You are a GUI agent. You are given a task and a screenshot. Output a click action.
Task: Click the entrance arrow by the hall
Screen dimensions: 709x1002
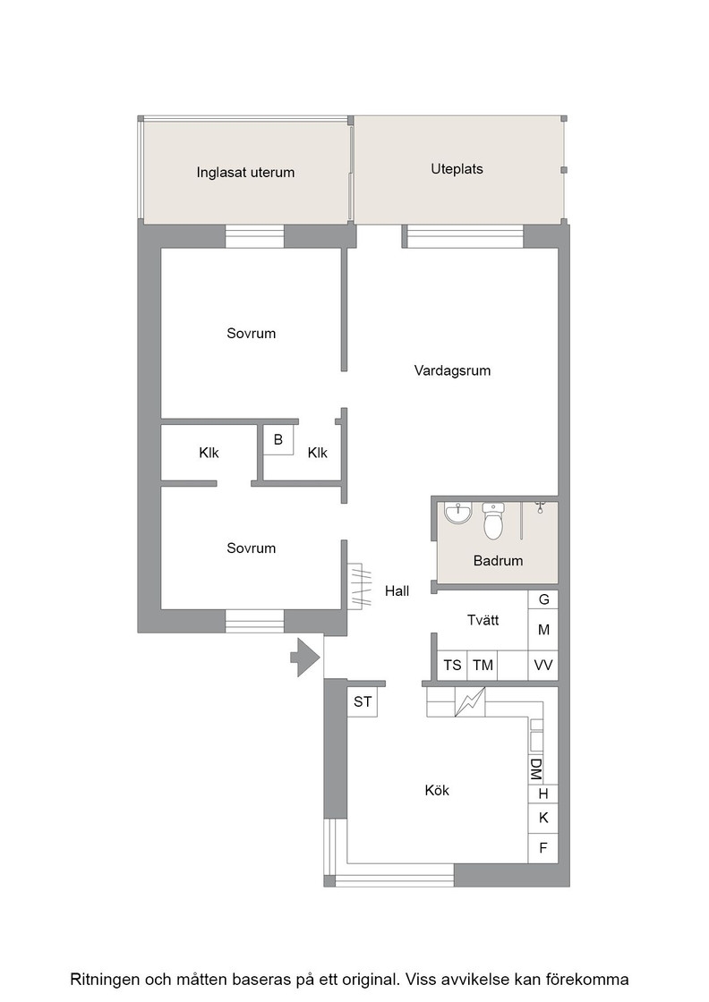pyautogui.click(x=305, y=657)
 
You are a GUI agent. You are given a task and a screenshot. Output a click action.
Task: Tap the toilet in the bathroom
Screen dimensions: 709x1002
pyautogui.click(x=493, y=521)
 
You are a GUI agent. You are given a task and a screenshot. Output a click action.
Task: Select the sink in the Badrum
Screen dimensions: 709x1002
pyautogui.click(x=457, y=513)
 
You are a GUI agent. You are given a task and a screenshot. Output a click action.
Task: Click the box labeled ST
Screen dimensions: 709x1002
pyautogui.click(x=363, y=701)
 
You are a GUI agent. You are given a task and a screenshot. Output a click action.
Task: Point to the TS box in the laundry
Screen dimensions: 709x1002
pyautogui.click(x=453, y=666)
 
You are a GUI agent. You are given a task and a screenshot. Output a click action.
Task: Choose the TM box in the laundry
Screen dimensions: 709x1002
pyautogui.click(x=483, y=666)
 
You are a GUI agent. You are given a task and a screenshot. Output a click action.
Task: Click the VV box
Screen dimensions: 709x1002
pyautogui.click(x=543, y=666)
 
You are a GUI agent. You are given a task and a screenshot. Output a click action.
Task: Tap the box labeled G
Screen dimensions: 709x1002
pyautogui.click(x=543, y=599)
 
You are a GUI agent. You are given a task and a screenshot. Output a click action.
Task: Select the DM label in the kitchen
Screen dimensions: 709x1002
pyautogui.click(x=535, y=770)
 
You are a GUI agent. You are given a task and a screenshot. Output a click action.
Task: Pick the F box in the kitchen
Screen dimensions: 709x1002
pyautogui.click(x=543, y=848)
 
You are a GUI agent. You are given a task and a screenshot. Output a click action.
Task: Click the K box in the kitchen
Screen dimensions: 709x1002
pyautogui.click(x=543, y=818)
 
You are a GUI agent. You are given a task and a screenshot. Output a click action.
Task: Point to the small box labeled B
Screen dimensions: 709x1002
pyautogui.click(x=278, y=439)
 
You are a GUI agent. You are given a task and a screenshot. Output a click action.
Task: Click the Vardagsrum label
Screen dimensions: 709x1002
pyautogui.click(x=452, y=370)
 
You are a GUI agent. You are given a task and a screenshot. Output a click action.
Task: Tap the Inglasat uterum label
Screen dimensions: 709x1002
pyautogui.click(x=245, y=173)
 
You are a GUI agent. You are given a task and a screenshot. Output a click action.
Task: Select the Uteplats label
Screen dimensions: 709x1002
pyautogui.click(x=457, y=169)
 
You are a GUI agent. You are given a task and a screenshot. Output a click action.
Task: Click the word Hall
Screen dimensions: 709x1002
pyautogui.click(x=397, y=591)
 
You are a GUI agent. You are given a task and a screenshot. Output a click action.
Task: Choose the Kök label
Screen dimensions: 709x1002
pyautogui.click(x=437, y=791)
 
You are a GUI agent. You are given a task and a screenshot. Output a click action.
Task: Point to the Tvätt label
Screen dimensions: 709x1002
pyautogui.click(x=483, y=620)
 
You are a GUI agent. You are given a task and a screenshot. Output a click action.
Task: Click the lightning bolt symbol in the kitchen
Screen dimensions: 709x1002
pyautogui.click(x=469, y=701)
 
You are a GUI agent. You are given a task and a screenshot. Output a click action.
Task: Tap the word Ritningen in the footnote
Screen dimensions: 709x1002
pyautogui.click(x=105, y=979)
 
